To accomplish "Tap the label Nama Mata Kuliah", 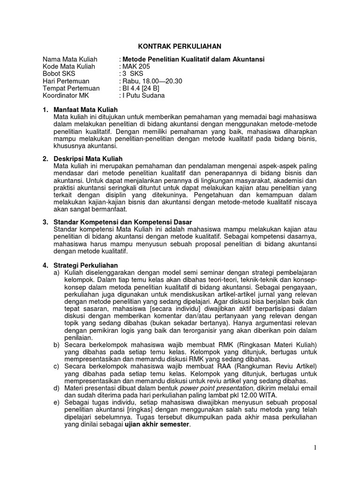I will [70, 60].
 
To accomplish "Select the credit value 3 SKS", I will [133, 74].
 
